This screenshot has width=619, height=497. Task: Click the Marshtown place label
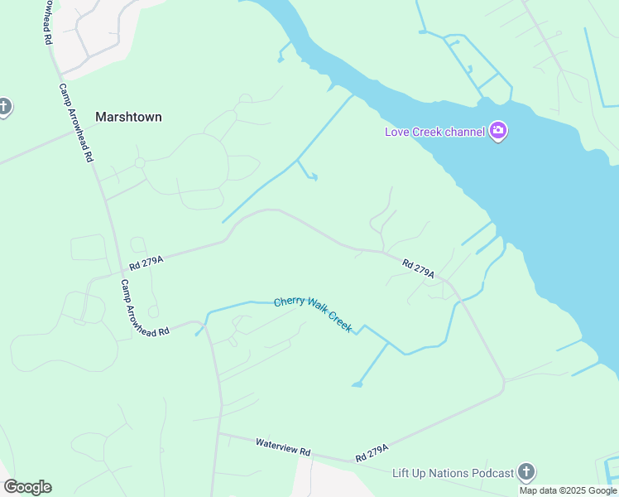point(128,117)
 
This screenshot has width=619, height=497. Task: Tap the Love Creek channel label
point(434,132)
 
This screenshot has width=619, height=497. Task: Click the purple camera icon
point(498,131)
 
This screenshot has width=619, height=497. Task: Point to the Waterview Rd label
point(283,447)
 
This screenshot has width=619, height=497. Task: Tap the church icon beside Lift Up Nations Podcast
point(525,472)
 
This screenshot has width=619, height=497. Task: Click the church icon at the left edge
point(4,108)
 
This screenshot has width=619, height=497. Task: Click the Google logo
point(27,487)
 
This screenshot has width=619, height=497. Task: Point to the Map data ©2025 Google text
point(569,490)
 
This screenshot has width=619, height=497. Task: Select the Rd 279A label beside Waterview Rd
point(372,454)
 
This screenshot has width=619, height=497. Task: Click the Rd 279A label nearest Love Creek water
point(419,268)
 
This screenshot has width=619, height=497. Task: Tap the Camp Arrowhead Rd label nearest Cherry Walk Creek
point(145,307)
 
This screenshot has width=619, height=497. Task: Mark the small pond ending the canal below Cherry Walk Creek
point(357,384)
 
